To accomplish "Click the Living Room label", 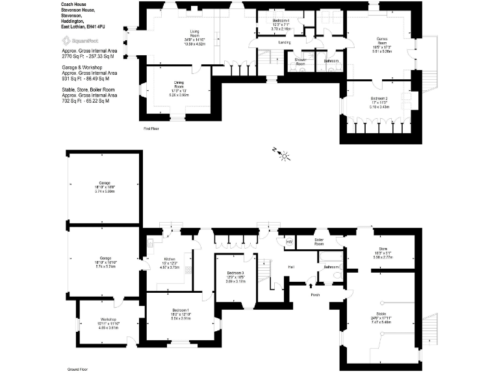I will click(x=194, y=32).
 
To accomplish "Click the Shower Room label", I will click(x=300, y=62).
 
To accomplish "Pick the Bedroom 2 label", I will click(x=377, y=98).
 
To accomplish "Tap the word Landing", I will click(x=284, y=43).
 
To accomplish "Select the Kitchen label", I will click(x=169, y=258).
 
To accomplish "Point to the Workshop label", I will click(x=108, y=319).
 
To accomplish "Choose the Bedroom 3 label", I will click(x=236, y=273).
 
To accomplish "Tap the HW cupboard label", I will click(x=288, y=242).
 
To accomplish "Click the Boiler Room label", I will click(x=319, y=242).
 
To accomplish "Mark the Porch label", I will click(x=314, y=294).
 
